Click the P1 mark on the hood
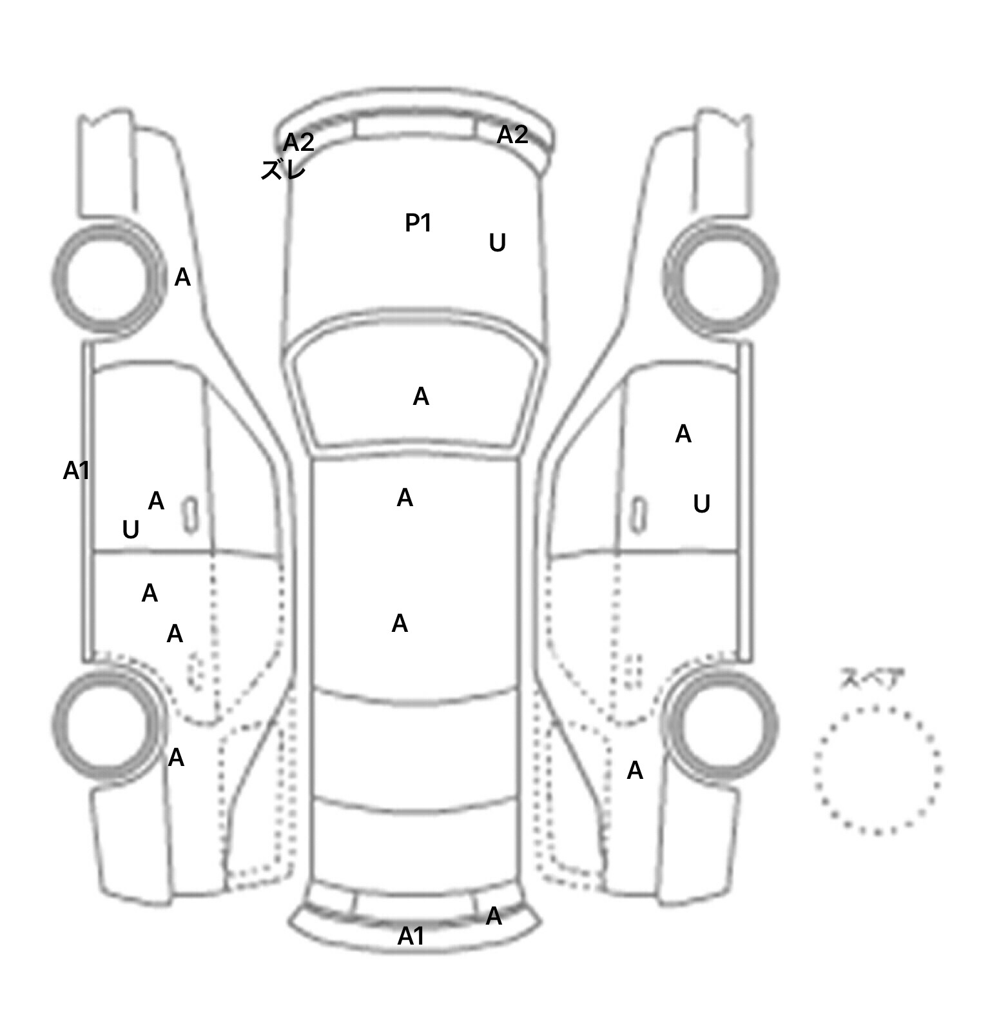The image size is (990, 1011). [x=418, y=223]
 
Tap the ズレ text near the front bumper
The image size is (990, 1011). [x=283, y=170]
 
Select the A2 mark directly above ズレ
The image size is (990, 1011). [x=298, y=142]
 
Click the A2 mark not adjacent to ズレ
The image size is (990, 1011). [x=512, y=135]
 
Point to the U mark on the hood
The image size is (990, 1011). [x=497, y=243]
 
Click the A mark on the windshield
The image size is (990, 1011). [x=421, y=397]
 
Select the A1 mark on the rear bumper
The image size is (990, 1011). [x=411, y=936]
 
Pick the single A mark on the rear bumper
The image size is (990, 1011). [x=494, y=916]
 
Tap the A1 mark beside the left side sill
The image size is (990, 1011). [x=76, y=471]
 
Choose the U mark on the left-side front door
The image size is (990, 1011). [x=130, y=530]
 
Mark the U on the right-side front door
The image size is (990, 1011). [x=701, y=504]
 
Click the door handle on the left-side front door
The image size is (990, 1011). [x=191, y=516]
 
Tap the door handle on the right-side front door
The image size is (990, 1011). [x=639, y=515]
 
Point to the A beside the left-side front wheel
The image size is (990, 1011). [x=182, y=278]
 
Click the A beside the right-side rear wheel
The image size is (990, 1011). [x=635, y=771]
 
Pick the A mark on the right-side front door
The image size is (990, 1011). [x=683, y=435]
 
